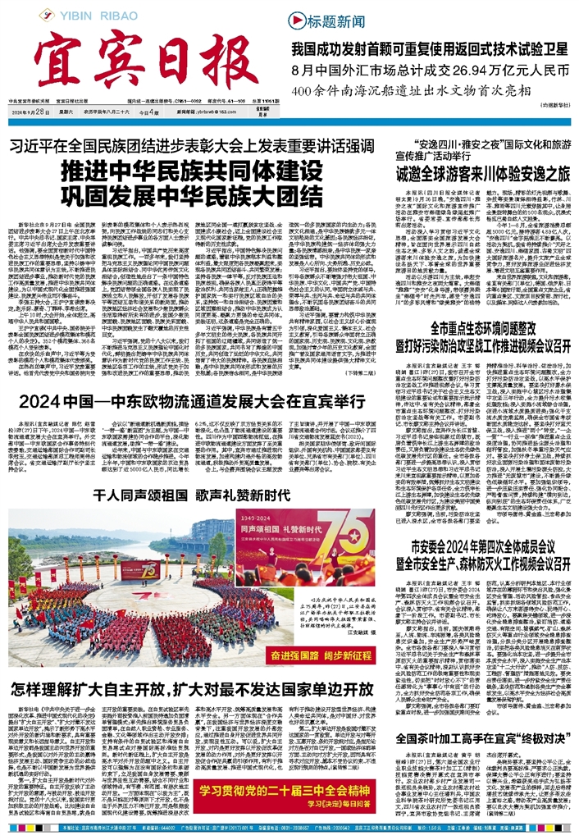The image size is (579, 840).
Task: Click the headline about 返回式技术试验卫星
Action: click(x=430, y=48)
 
